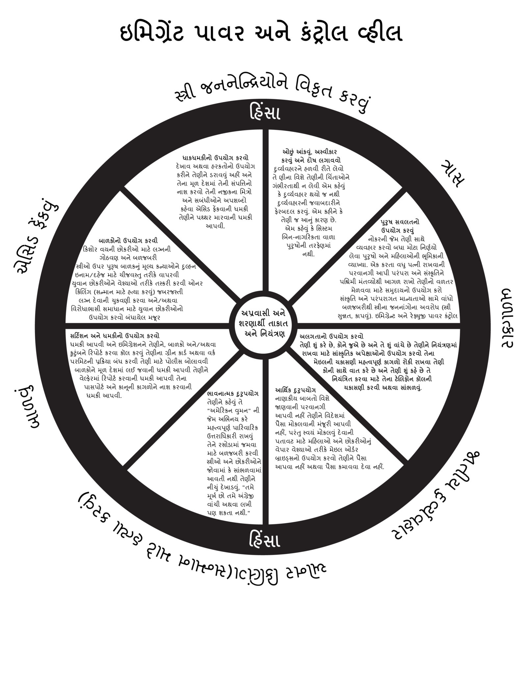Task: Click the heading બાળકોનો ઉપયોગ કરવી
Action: point(128,240)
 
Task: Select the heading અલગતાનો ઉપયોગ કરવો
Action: point(331,337)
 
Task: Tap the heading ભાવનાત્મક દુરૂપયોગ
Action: point(233,394)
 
